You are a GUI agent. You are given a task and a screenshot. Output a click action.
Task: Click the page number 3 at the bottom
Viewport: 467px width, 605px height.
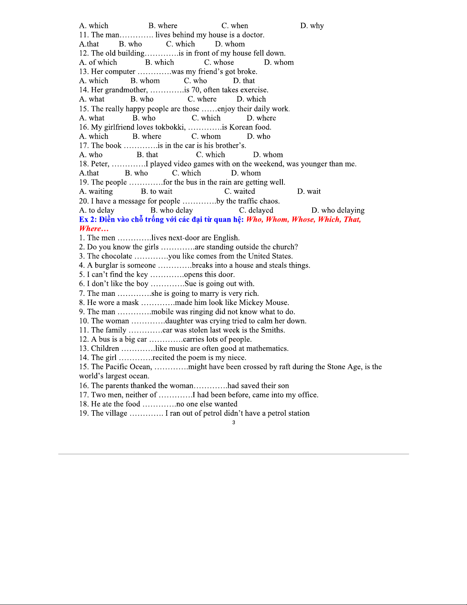[x=234, y=423]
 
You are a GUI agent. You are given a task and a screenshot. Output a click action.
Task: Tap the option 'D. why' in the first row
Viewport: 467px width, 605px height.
[x=312, y=26]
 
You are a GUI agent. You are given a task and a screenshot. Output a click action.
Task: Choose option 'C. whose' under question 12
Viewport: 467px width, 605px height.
[x=219, y=63]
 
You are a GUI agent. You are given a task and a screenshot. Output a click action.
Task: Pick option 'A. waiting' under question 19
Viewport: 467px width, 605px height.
[x=96, y=192]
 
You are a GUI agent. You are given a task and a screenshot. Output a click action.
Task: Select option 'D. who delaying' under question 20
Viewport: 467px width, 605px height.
[x=338, y=210]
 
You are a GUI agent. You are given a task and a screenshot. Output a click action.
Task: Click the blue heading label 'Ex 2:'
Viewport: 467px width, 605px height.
[x=88, y=219]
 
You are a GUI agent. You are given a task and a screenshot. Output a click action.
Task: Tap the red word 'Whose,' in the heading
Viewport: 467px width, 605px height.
[x=303, y=219]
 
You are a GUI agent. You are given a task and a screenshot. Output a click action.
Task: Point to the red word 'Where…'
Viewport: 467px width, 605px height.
[x=94, y=229]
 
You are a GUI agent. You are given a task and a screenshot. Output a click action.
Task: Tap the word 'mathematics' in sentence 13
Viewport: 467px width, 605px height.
[x=267, y=348]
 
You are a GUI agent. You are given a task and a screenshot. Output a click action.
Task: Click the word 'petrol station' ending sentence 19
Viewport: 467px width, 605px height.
[x=288, y=413]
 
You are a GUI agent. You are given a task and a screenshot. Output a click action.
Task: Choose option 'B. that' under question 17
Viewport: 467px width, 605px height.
[x=148, y=155]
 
